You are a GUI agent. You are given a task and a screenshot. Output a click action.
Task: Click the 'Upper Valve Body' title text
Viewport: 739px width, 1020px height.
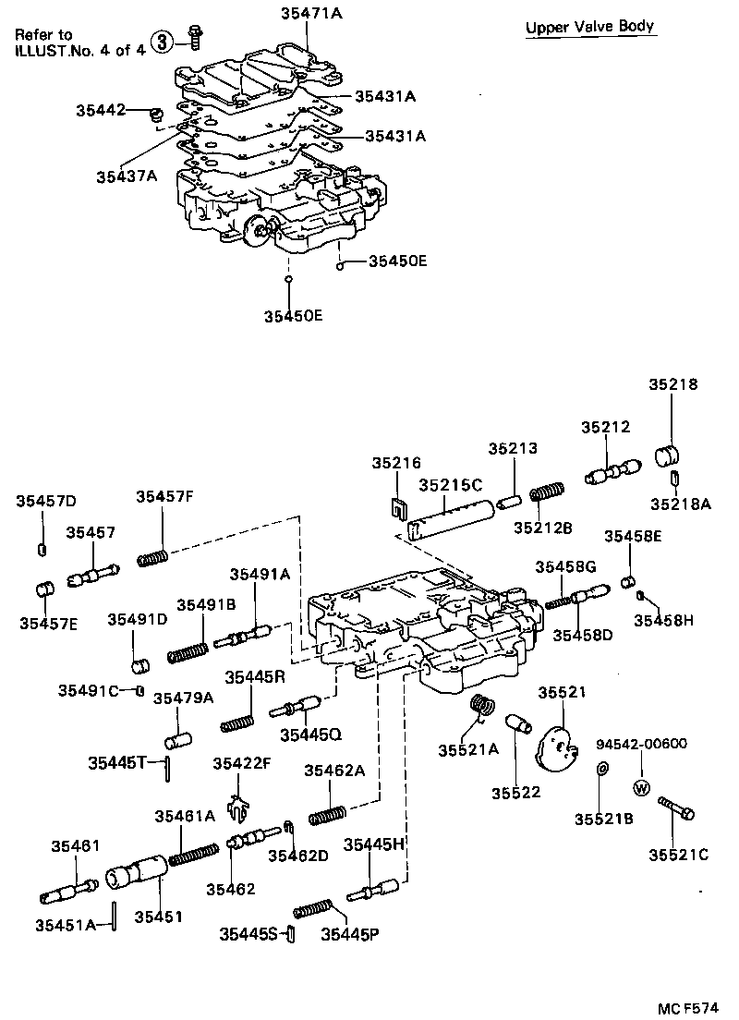point(590,27)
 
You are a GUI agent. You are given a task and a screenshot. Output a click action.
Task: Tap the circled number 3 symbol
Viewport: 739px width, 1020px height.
point(162,42)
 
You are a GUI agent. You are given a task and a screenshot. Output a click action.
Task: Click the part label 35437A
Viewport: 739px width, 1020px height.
point(125,175)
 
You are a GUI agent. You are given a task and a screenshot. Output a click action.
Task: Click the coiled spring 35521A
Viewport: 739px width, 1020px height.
point(480,707)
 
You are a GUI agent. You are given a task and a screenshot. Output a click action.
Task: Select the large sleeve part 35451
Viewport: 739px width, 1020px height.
point(136,873)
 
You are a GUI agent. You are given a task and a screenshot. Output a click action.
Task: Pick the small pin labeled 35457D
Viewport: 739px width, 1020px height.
point(42,550)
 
